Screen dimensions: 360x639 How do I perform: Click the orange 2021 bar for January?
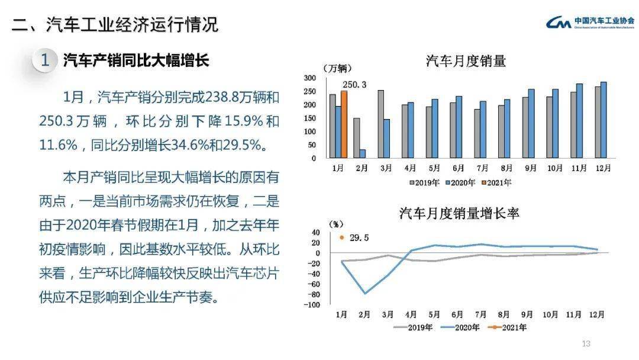[x=344, y=124]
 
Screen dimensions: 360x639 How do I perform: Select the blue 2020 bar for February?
[x=363, y=154]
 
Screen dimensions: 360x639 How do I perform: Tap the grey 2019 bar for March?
[x=380, y=124]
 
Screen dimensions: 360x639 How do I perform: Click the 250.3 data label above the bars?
[x=354, y=85]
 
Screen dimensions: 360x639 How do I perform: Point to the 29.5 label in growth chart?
[x=359, y=237]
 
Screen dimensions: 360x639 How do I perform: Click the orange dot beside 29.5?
[x=341, y=237]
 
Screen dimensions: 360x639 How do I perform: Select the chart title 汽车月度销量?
[x=466, y=61]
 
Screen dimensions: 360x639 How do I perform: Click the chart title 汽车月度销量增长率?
[x=459, y=213]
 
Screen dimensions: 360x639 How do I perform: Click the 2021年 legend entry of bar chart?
[x=499, y=183]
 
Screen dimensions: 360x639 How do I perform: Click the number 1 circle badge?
[x=45, y=60]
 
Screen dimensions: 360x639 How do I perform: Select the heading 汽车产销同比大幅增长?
[x=136, y=60]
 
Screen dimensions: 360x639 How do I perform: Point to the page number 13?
[x=586, y=344]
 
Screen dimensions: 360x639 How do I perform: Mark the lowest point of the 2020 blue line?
[x=365, y=294]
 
